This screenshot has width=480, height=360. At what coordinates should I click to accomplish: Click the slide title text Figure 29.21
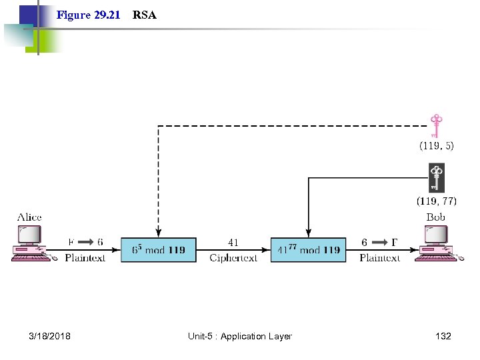click(x=88, y=15)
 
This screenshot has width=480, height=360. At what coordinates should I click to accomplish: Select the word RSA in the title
click(x=145, y=15)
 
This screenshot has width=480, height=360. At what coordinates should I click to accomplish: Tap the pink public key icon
click(x=436, y=125)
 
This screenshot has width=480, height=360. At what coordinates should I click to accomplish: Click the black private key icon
click(x=436, y=178)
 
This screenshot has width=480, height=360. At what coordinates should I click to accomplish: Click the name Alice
click(x=29, y=217)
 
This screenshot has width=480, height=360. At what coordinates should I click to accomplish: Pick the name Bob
click(x=435, y=217)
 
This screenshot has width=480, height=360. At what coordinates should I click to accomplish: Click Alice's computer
click(x=30, y=243)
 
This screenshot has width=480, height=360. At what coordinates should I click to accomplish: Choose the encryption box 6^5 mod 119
click(x=159, y=250)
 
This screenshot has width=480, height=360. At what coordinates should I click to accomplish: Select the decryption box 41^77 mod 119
click(x=308, y=250)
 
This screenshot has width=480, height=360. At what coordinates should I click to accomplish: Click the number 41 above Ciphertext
click(x=233, y=243)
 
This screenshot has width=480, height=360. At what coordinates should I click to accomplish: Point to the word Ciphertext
click(x=233, y=258)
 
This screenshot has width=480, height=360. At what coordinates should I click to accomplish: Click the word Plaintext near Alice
click(x=85, y=258)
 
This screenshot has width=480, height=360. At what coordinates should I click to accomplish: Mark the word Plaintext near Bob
click(x=379, y=258)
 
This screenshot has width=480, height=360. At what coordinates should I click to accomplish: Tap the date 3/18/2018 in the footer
click(x=50, y=336)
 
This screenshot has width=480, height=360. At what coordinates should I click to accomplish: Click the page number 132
click(x=443, y=336)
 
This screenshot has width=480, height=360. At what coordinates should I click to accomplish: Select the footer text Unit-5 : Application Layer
click(x=240, y=336)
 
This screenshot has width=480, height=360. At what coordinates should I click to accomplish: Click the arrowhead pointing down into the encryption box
click(x=159, y=233)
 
